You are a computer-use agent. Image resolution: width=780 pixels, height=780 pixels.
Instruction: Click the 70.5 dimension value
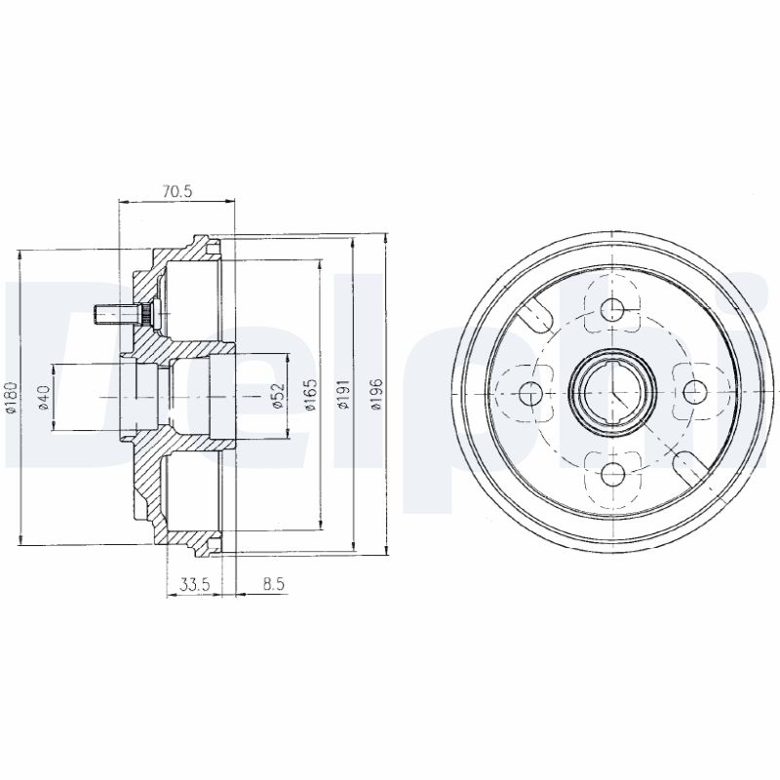[x=176, y=191]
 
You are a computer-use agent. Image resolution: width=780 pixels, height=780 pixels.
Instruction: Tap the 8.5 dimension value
[x=274, y=584]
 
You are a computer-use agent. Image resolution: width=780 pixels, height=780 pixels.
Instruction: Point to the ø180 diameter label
[x=11, y=397]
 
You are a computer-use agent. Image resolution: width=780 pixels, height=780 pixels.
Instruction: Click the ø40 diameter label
[x=44, y=397]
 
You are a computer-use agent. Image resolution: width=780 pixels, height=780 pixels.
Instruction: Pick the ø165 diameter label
[x=311, y=397]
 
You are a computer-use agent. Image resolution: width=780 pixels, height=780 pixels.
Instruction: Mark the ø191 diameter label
[x=344, y=397]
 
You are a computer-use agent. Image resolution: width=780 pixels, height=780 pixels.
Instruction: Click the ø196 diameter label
[x=377, y=397]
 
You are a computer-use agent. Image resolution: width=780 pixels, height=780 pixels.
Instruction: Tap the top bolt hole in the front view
[x=612, y=310]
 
